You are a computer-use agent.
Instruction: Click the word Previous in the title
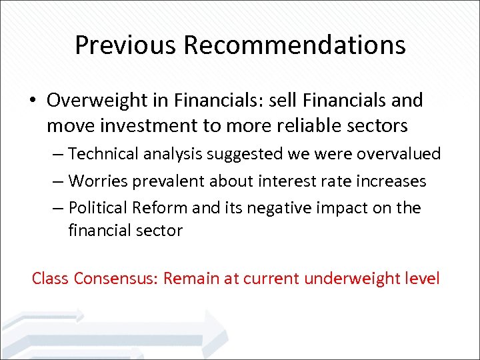[x=126, y=45]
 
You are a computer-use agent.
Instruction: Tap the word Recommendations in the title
[x=295, y=45]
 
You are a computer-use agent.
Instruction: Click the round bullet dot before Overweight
[x=32, y=101]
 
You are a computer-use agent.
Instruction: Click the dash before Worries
[x=59, y=181]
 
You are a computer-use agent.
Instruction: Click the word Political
[x=99, y=207]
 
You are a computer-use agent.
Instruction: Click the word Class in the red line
[x=51, y=277]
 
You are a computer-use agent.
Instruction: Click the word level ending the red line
[x=422, y=277]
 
